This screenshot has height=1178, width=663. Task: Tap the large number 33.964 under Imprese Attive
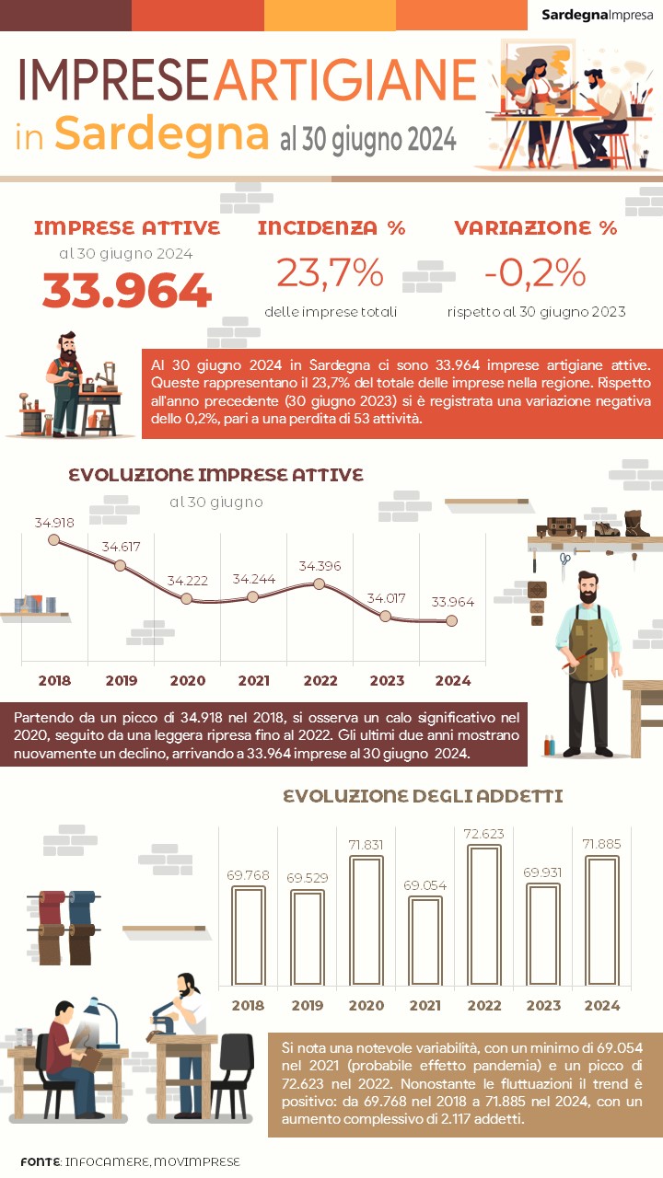[127, 291]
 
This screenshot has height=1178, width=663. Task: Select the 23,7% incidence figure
[330, 272]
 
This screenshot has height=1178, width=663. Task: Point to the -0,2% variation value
[535, 272]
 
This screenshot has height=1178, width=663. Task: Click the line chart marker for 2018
[53, 540]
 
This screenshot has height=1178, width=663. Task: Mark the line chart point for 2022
[320, 583]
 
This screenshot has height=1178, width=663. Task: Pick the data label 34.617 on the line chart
[121, 547]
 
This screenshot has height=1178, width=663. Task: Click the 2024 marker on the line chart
[451, 620]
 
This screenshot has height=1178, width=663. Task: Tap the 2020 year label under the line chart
[187, 681]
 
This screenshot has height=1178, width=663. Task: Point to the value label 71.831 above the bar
[366, 844]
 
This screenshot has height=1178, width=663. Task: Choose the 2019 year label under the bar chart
[307, 1006]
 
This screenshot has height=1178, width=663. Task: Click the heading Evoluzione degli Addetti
[423, 796]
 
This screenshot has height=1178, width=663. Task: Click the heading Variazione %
[535, 228]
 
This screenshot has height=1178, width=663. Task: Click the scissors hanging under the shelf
[564, 559]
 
